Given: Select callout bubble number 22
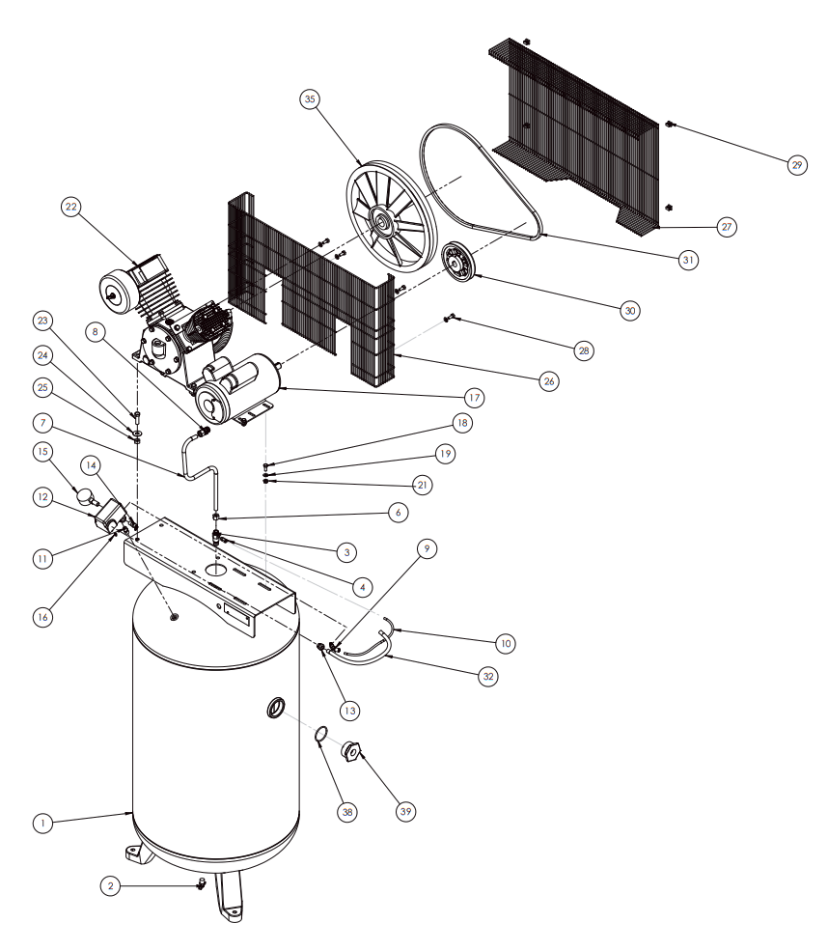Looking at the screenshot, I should pyautogui.click(x=70, y=207).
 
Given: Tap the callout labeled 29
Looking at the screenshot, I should pyautogui.click(x=796, y=165).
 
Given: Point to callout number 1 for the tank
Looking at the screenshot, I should pyautogui.click(x=41, y=824).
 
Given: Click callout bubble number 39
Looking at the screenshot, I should pyautogui.click(x=405, y=811).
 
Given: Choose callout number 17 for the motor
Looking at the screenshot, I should pyautogui.click(x=473, y=397).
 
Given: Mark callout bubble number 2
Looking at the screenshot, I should pyautogui.click(x=112, y=885).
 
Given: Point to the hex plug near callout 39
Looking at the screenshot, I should pyautogui.click(x=350, y=751).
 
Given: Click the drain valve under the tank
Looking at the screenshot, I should pyautogui.click(x=202, y=883).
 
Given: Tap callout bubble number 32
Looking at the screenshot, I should pyautogui.click(x=488, y=676).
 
